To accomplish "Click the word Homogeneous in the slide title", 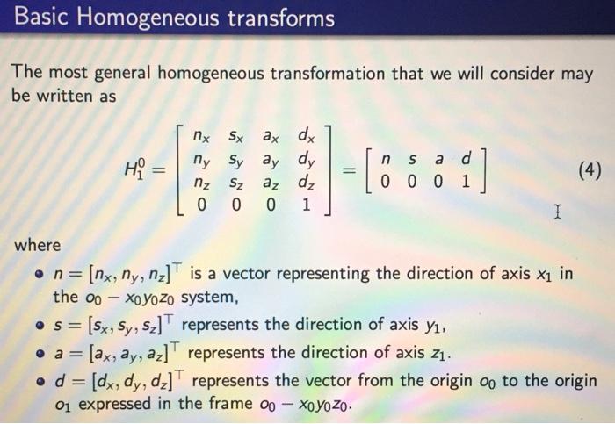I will point(152,18).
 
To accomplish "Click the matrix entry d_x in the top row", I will point(305,138).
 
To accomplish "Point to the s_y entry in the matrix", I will point(236,162).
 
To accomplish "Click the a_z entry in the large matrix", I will point(270,183).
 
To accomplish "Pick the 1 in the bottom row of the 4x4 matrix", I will point(305,204).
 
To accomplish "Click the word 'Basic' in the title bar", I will point(43,18).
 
